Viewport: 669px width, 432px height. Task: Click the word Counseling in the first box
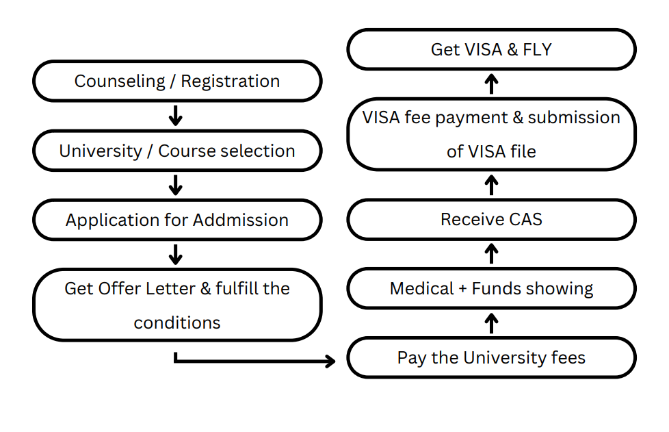click(x=120, y=81)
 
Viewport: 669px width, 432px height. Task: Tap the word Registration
click(x=231, y=81)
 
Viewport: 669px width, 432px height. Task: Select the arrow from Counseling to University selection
click(x=175, y=116)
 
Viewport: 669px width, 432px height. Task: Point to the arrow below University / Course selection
click(x=175, y=185)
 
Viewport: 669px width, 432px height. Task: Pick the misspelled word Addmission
click(x=241, y=220)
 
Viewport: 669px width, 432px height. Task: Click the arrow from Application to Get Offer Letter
click(x=175, y=255)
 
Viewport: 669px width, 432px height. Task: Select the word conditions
click(x=177, y=322)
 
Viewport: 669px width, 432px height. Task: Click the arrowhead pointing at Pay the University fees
click(x=331, y=361)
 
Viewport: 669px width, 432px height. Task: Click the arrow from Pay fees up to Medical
click(x=492, y=323)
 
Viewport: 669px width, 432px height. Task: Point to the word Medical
click(x=421, y=288)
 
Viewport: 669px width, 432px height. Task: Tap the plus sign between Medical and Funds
click(x=463, y=289)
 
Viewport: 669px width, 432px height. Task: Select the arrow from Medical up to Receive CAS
click(x=492, y=253)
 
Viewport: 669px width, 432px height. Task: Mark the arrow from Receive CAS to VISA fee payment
click(x=492, y=185)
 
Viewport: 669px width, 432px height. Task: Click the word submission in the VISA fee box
click(x=574, y=117)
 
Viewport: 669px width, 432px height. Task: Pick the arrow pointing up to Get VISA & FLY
click(x=492, y=84)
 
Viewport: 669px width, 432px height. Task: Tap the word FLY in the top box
click(x=537, y=49)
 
